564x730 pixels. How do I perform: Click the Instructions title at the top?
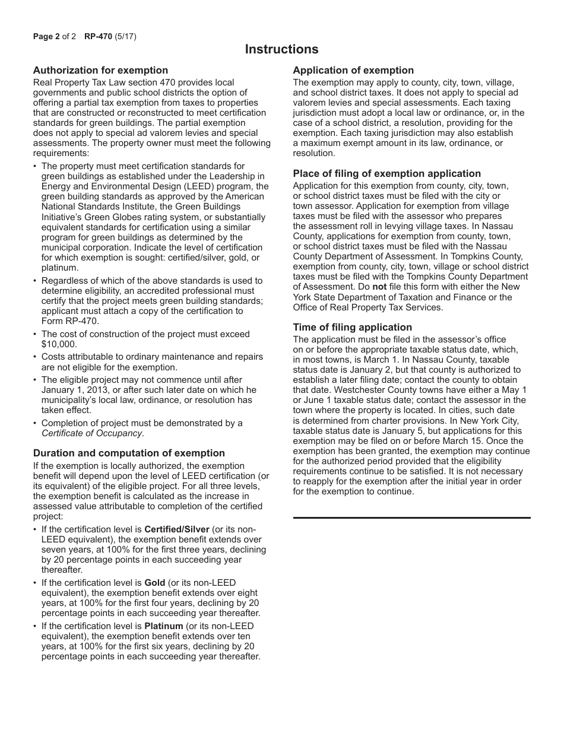point(281,49)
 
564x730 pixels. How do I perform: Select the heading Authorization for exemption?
point(100,71)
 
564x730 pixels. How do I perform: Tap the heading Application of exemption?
point(353,71)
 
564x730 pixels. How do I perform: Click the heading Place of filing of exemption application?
point(386,174)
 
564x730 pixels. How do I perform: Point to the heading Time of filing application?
point(352,328)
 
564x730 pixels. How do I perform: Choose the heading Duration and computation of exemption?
point(129,453)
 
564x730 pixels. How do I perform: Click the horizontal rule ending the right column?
point(411,518)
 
